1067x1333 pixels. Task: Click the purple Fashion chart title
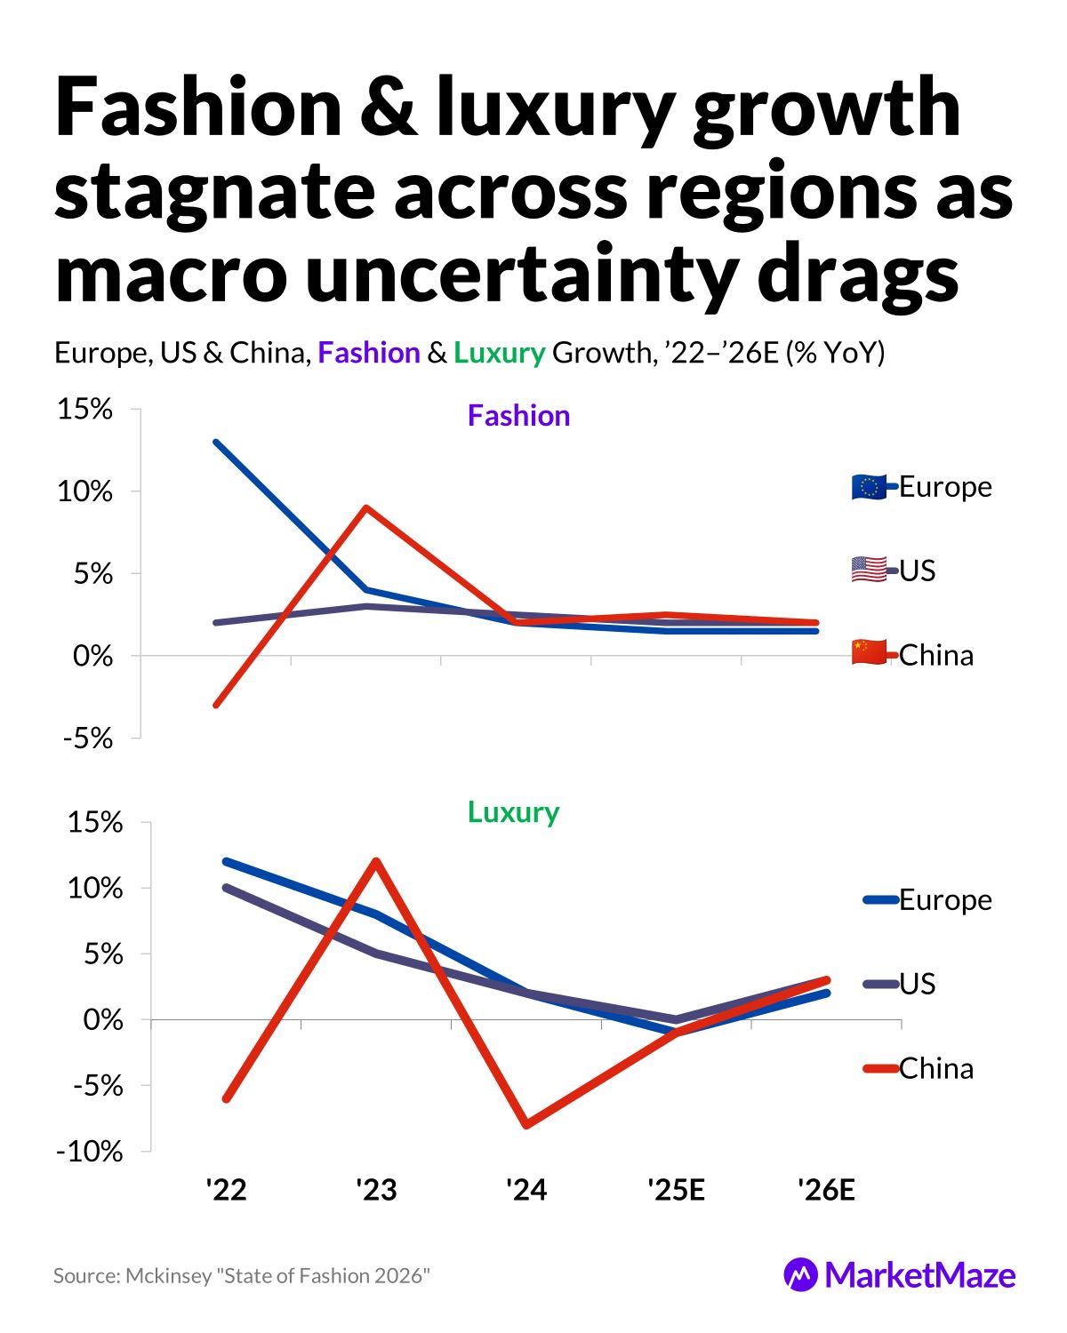pos(518,416)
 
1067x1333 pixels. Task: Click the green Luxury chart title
pos(513,812)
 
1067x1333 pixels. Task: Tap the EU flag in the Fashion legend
pos(869,487)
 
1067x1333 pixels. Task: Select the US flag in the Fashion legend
pos(869,570)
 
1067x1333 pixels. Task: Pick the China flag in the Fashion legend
pos(869,652)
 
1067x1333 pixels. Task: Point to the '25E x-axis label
pos(676,1189)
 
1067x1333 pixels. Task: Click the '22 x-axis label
pos(226,1189)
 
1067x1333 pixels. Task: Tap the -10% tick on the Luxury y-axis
pos(90,1152)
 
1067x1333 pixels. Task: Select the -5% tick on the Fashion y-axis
pos(88,738)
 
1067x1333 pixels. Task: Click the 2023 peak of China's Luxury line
pos(376,861)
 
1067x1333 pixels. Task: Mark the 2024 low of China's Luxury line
pos(526,1125)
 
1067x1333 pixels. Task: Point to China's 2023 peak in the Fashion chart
pos(365,507)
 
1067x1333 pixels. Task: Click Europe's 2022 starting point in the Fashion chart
pos(216,442)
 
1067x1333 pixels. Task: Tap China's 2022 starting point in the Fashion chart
pos(216,705)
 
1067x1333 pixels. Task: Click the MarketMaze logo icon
pos(800,1275)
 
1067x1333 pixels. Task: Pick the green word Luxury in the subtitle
pos(499,353)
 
